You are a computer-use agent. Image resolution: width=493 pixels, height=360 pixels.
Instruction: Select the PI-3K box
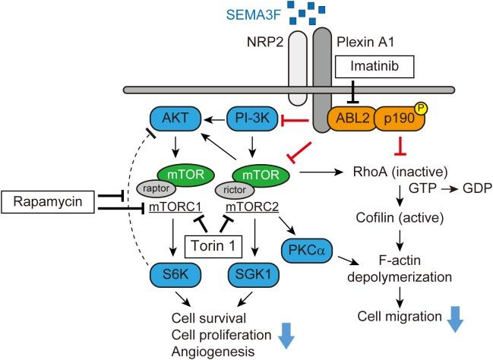pos(249,118)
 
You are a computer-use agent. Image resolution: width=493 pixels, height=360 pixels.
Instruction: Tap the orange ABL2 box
pos(349,119)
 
